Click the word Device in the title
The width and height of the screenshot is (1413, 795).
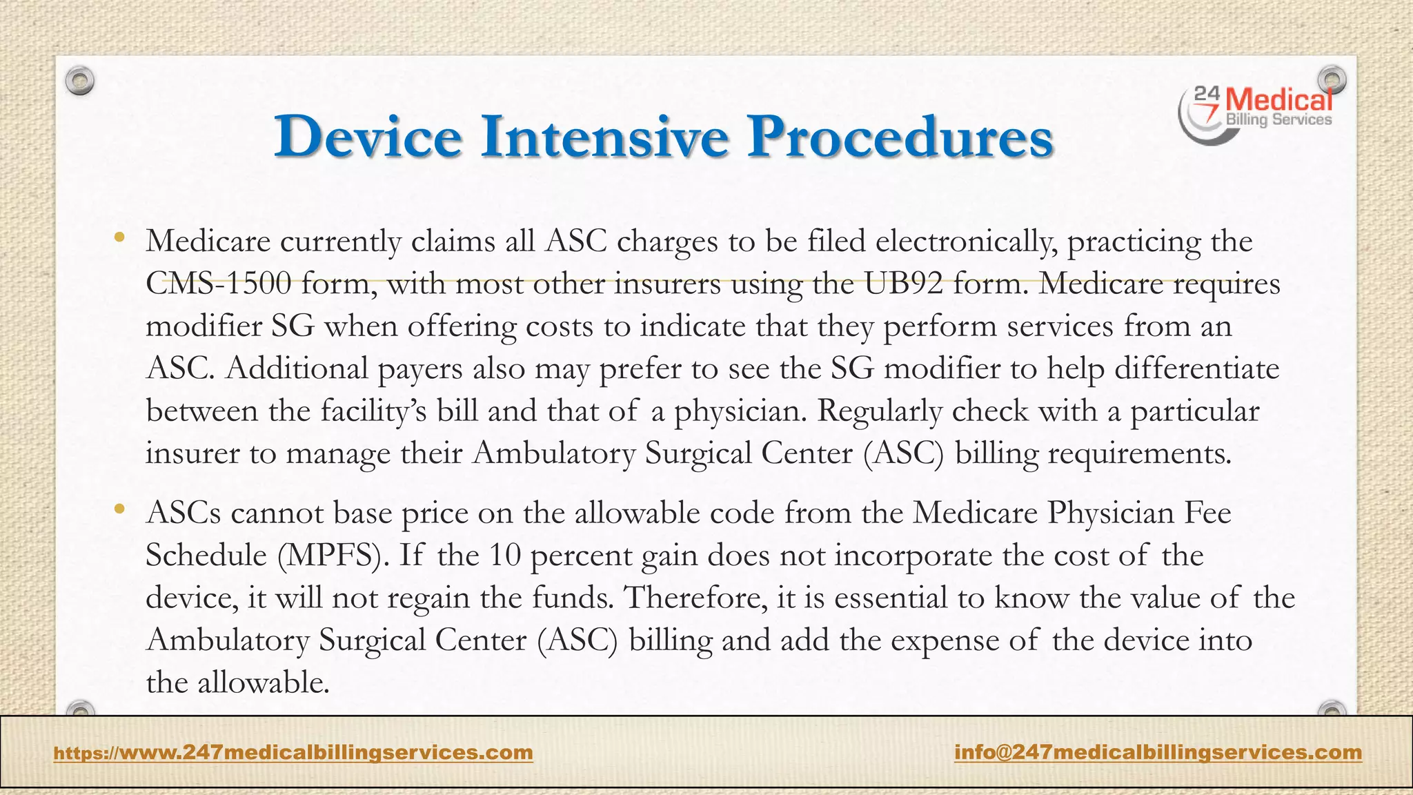coord(367,136)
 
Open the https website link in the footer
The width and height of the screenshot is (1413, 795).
coord(293,752)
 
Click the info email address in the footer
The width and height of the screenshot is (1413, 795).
coord(1158,752)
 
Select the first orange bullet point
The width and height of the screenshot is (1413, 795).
coord(120,239)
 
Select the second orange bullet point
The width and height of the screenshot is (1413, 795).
coord(120,510)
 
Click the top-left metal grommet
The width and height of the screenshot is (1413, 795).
coord(80,81)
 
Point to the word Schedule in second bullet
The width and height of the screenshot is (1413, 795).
coord(206,556)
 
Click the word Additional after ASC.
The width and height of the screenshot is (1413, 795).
coord(297,369)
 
